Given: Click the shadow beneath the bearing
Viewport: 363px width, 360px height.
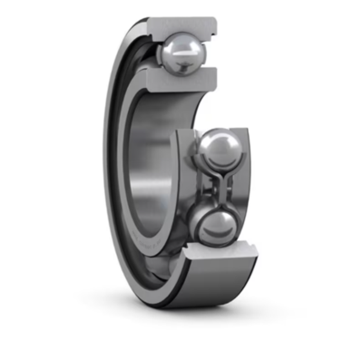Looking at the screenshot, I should point(181,317).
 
